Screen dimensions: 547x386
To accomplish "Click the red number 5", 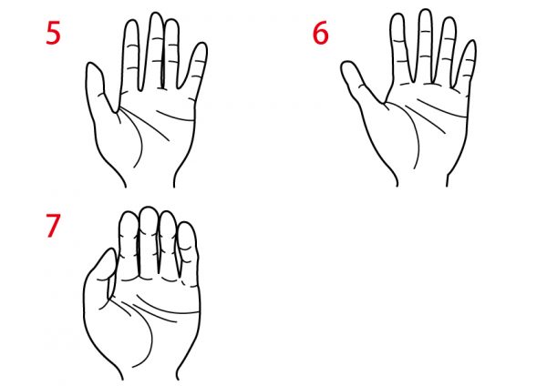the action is pyautogui.click(x=53, y=33).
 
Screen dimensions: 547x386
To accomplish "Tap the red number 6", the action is pyautogui.click(x=320, y=33).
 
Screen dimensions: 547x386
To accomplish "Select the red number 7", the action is pyautogui.click(x=53, y=226).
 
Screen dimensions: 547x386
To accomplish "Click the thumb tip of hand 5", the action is pyautogui.click(x=92, y=64).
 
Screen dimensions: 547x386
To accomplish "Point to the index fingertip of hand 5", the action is pyautogui.click(x=131, y=21).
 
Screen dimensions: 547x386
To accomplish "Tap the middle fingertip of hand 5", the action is pyautogui.click(x=156, y=14).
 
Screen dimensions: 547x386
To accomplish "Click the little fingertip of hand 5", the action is pyautogui.click(x=201, y=44).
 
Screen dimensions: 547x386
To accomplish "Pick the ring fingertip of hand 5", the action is pyautogui.click(x=171, y=21).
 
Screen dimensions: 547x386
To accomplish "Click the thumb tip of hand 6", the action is pyautogui.click(x=346, y=63).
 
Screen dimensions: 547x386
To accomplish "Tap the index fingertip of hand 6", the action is pyautogui.click(x=397, y=15).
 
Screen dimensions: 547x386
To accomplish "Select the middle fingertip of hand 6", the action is pyautogui.click(x=425, y=11).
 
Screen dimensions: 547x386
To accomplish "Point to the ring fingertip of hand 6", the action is pyautogui.click(x=449, y=19).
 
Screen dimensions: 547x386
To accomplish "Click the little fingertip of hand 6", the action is pyautogui.click(x=471, y=42).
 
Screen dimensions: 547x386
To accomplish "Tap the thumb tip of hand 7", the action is pyautogui.click(x=111, y=250).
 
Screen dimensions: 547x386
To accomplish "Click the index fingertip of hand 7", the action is pyautogui.click(x=129, y=214).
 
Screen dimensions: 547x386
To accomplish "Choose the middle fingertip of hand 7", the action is pyautogui.click(x=148, y=208).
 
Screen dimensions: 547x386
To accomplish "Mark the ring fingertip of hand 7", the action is pyautogui.click(x=167, y=213).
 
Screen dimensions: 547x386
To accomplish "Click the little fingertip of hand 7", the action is pyautogui.click(x=187, y=224).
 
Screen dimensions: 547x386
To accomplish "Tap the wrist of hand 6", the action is pyautogui.click(x=422, y=178).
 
